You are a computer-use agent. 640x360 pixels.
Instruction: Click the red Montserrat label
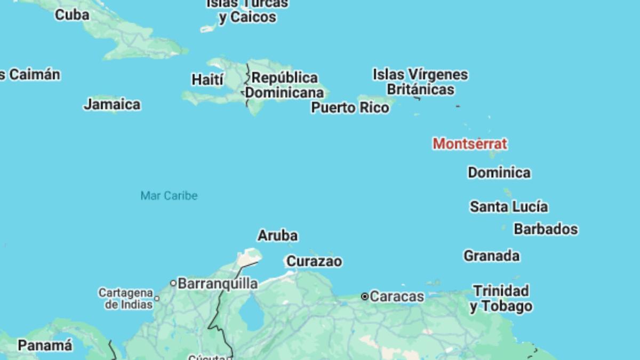[x=469, y=144]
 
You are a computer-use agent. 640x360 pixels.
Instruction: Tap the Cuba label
[x=72, y=15]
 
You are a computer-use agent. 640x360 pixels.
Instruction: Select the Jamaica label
[x=112, y=105]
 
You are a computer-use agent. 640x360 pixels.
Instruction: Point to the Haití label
[x=207, y=80]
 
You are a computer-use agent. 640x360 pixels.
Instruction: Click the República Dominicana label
[x=284, y=85]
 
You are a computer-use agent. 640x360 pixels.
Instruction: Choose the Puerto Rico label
[x=350, y=108]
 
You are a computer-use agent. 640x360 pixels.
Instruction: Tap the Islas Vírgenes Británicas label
[x=420, y=82]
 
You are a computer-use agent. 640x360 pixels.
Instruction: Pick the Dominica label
[x=499, y=173]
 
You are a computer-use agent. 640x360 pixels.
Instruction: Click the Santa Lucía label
[x=509, y=207]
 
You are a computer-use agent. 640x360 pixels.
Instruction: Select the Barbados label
[x=546, y=229]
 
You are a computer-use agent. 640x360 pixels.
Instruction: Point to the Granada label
[x=491, y=256]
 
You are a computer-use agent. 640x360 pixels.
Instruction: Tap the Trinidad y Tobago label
[x=501, y=299]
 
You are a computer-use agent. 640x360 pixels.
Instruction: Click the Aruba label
[x=278, y=236]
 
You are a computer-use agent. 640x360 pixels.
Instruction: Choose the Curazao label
[x=314, y=261]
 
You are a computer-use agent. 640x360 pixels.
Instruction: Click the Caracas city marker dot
[x=365, y=297]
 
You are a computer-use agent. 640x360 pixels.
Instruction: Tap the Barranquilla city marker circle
[x=173, y=283]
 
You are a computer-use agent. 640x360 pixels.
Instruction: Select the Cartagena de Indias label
[x=125, y=299]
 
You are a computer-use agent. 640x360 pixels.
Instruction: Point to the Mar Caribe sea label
[x=169, y=196]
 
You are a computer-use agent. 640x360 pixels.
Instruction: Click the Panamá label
[x=45, y=346]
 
